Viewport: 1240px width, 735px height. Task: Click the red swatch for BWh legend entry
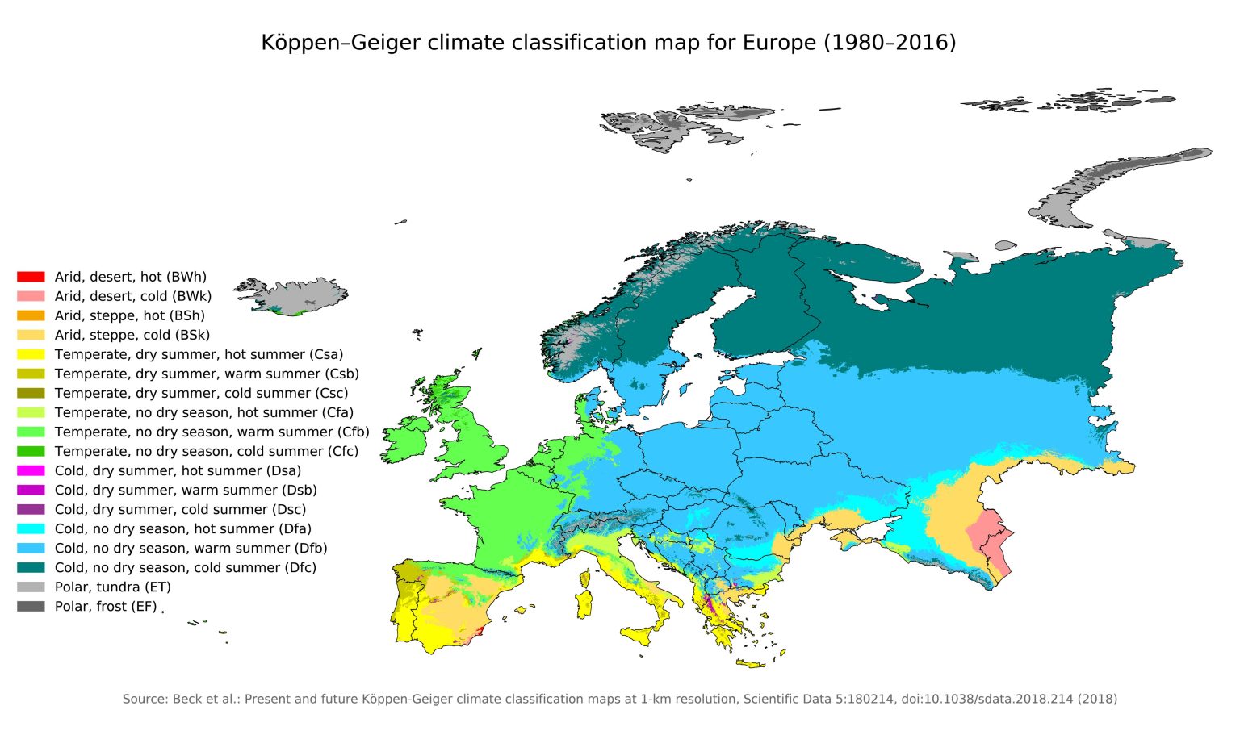31,277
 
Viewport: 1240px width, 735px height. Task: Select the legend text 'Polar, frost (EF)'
105,606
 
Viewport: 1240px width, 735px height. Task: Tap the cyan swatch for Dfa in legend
31,528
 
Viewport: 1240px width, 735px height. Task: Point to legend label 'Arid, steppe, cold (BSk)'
132,335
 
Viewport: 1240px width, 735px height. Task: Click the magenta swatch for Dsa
31,470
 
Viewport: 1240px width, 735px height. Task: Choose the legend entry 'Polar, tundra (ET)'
112,587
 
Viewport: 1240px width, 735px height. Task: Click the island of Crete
751,664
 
